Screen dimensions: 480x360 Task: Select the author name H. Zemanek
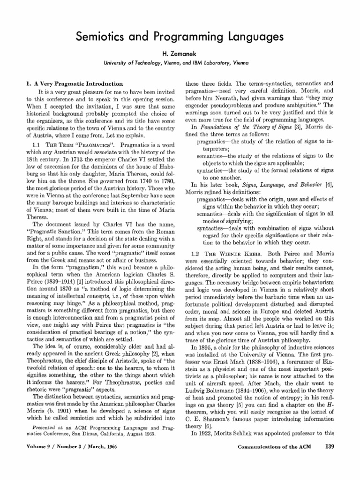pyautogui.click(x=180, y=54)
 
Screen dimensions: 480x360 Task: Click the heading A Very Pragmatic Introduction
pyautogui.click(x=73, y=83)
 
